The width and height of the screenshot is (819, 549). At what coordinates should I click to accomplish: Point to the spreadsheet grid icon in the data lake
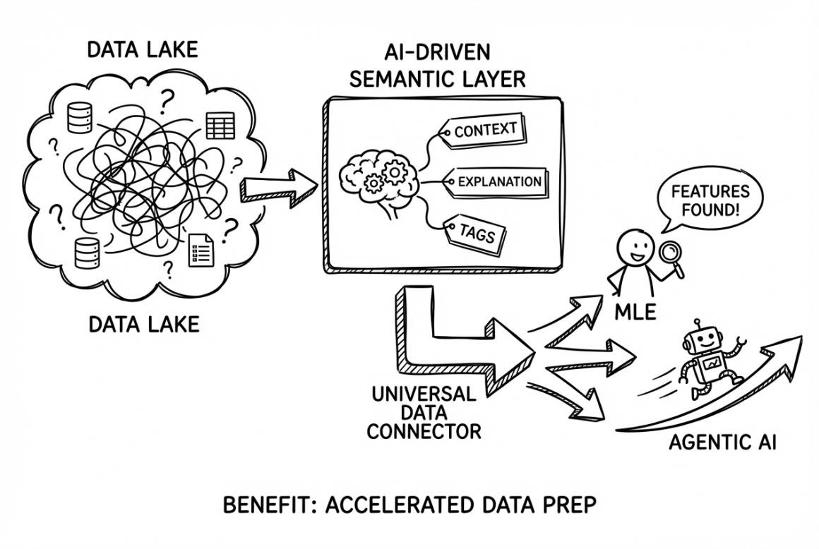(219, 125)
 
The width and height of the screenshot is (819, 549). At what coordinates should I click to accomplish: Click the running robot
(706, 360)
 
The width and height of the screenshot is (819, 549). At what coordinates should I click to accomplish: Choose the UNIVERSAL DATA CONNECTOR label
(424, 411)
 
